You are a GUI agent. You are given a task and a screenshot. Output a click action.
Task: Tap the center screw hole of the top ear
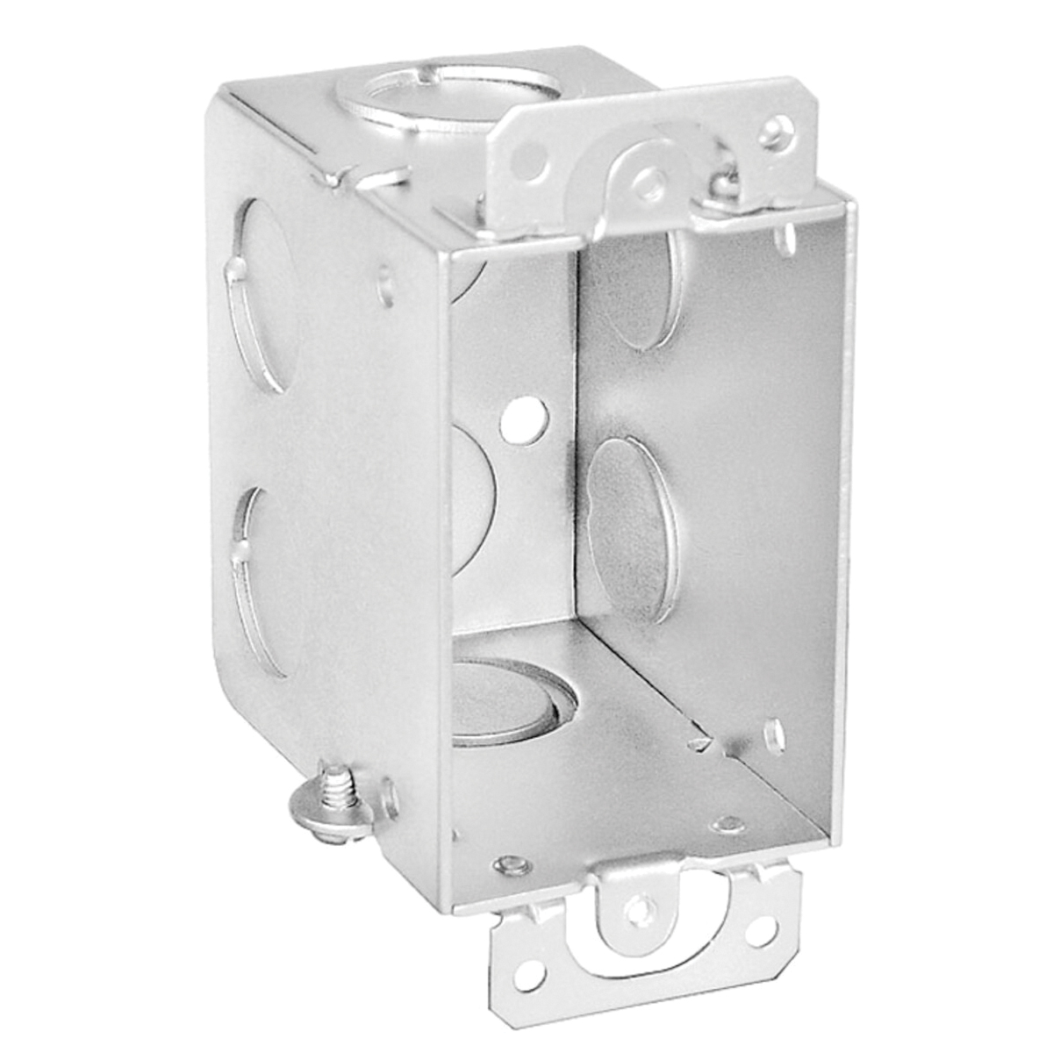pos(648,183)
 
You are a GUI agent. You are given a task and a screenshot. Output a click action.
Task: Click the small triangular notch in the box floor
pos(699,744)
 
